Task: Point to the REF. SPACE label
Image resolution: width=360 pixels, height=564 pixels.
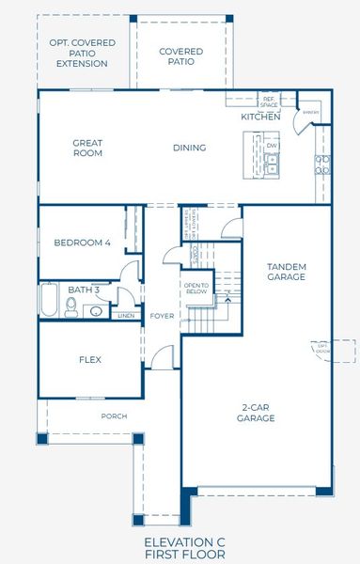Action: [269, 100]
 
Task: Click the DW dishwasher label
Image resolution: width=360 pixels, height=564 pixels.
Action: [271, 146]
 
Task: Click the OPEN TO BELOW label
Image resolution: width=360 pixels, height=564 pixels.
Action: [196, 289]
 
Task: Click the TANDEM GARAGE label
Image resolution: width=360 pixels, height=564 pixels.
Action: [286, 272]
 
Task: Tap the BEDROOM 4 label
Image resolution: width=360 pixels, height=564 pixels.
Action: [82, 243]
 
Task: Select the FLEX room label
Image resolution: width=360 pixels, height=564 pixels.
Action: [88, 359]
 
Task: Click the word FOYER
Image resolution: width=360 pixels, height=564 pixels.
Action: [162, 316]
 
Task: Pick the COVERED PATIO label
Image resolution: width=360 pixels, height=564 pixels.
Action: [181, 56]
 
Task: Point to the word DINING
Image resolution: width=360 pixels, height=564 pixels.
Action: [189, 148]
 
